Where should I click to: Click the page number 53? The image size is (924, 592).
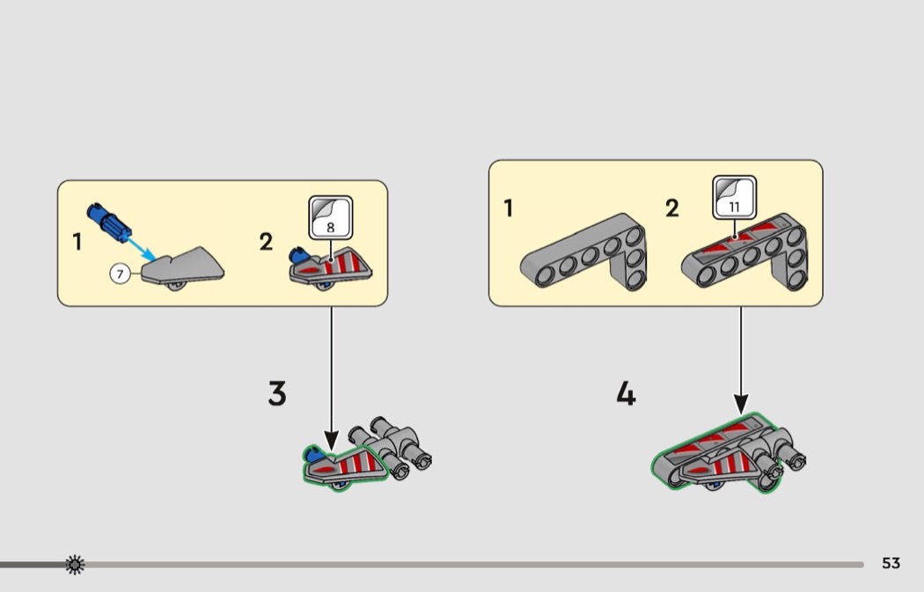[x=891, y=563]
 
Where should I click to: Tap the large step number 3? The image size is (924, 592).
[x=277, y=393]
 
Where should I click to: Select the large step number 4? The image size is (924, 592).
[x=626, y=393]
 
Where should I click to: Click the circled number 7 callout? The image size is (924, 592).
[x=121, y=274]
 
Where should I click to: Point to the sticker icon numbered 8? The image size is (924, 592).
[x=331, y=218]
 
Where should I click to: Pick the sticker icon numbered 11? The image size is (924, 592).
[x=734, y=197]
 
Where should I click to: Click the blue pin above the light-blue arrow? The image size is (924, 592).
[x=109, y=223]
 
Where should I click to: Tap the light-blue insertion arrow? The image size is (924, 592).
[x=142, y=249]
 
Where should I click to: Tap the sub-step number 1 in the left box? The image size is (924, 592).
[x=77, y=242]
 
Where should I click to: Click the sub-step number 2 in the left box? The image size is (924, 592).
[x=266, y=242]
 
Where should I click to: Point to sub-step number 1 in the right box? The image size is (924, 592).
[x=508, y=208]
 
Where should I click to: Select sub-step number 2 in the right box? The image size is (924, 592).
[x=671, y=208]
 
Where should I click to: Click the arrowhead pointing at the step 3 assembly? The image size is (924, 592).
[x=331, y=441]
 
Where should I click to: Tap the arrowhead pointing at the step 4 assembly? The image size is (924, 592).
[x=741, y=404]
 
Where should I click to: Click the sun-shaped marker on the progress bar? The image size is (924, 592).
[x=75, y=565]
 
